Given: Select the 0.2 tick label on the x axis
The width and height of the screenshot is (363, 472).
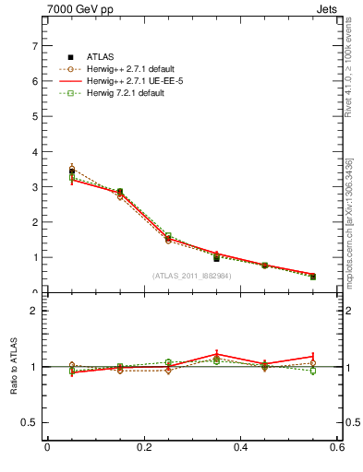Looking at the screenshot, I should click(x=143, y=448).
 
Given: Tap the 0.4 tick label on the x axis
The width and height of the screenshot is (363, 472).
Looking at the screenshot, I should click(x=240, y=448).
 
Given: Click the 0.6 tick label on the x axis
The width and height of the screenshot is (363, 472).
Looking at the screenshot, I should click(x=337, y=448).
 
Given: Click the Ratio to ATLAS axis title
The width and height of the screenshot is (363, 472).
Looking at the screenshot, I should click(x=14, y=367).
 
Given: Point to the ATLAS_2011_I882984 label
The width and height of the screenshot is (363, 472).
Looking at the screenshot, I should click(x=191, y=276).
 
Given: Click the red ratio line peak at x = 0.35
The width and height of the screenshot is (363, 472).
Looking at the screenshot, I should click(x=216, y=354).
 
